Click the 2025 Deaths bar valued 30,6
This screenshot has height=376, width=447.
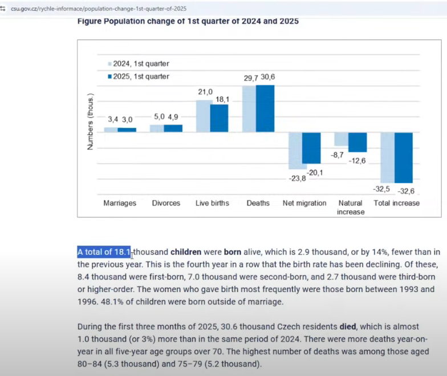(265, 108)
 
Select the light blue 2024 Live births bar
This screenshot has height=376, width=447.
(204, 116)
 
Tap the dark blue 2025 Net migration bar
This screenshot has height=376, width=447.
(311, 148)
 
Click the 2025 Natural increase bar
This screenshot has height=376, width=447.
(357, 142)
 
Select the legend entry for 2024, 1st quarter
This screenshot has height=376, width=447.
(138, 64)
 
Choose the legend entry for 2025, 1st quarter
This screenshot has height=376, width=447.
(138, 76)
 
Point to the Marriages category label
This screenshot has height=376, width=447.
(120, 203)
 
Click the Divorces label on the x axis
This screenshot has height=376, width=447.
(166, 203)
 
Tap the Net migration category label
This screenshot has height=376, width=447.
(304, 203)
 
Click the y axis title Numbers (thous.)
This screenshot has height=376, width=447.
(90, 122)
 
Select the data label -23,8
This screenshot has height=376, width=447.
(296, 178)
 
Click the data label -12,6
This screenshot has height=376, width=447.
(358, 161)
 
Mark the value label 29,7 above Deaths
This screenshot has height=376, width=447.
(251, 77)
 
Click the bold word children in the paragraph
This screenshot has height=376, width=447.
(186, 252)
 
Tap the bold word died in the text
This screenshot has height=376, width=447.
(347, 326)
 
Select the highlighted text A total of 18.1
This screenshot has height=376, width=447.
(104, 252)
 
